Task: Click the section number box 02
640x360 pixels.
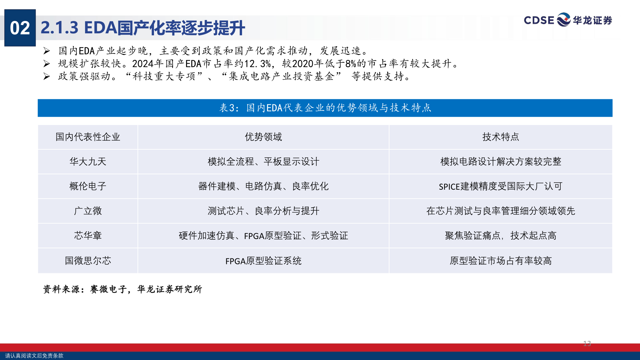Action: click(x=20, y=28)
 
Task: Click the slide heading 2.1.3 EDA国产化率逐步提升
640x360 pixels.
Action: click(x=143, y=28)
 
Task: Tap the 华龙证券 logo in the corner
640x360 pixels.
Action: click(x=568, y=20)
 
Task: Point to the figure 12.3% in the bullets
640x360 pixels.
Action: click(x=257, y=63)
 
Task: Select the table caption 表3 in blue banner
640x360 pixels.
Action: click(x=325, y=108)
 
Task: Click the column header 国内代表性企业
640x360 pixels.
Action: click(x=88, y=137)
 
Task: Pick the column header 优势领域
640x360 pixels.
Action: click(x=263, y=137)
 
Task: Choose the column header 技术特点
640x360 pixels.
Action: click(x=501, y=137)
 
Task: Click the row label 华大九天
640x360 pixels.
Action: click(x=88, y=162)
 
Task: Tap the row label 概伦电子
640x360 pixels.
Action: click(x=88, y=186)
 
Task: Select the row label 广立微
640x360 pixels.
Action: click(x=88, y=211)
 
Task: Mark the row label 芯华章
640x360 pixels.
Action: click(x=88, y=236)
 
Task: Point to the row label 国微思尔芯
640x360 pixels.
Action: click(x=88, y=261)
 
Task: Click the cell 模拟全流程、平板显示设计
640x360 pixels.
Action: click(x=263, y=162)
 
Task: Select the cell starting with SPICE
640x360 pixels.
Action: click(x=501, y=186)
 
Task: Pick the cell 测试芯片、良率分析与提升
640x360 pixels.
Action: click(x=263, y=211)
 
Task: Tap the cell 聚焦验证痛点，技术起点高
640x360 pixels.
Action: click(x=501, y=236)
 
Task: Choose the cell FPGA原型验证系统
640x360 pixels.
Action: click(x=263, y=261)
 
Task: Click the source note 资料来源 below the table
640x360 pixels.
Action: click(x=123, y=289)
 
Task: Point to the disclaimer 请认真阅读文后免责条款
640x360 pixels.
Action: click(x=34, y=356)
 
